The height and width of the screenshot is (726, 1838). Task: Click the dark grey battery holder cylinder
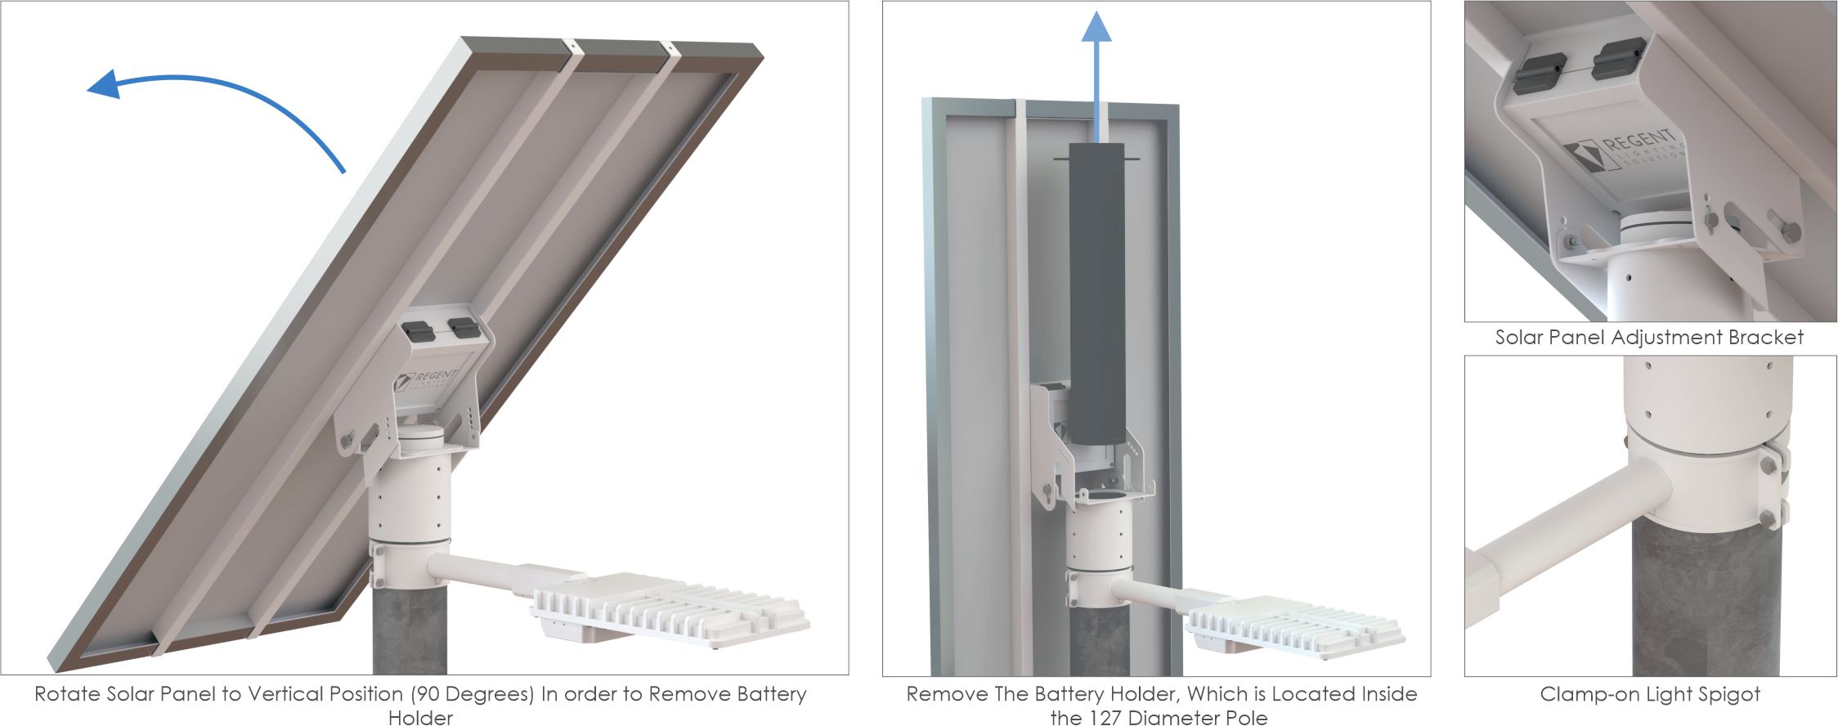1096,294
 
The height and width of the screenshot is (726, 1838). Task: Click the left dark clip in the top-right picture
1540,74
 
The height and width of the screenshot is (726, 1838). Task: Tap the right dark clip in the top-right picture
1619,59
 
